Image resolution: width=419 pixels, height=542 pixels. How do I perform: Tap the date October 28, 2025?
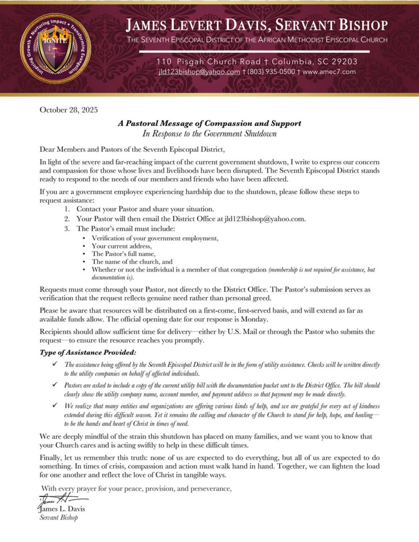click(x=68, y=110)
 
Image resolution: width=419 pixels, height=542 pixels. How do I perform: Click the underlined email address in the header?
click(x=199, y=72)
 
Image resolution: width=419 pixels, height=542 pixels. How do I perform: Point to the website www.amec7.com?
click(x=329, y=72)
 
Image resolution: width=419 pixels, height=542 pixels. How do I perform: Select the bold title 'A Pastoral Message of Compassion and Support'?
click(x=209, y=124)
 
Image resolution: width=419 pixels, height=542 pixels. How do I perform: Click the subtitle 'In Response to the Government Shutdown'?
click(x=209, y=134)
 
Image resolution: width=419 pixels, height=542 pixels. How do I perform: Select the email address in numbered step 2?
click(x=265, y=219)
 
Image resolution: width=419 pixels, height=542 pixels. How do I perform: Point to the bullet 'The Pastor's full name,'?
click(x=124, y=254)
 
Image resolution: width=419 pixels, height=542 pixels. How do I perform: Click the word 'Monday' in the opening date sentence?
click(x=254, y=319)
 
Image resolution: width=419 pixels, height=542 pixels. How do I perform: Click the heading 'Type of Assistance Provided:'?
click(x=88, y=352)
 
